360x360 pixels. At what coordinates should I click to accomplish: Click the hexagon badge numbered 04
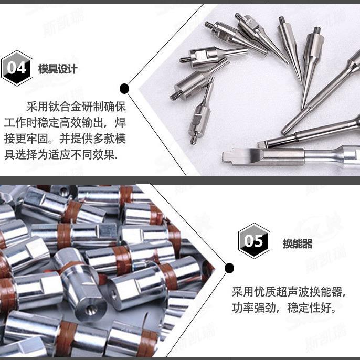[17, 68]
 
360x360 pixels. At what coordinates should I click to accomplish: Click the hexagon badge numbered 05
[254, 241]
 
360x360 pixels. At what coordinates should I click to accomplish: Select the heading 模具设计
[58, 69]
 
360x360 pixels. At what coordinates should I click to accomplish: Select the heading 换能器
[298, 243]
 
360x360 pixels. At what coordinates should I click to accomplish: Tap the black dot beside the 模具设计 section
[124, 88]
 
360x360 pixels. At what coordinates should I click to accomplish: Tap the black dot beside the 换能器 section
[229, 269]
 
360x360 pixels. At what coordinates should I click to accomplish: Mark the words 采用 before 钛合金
[37, 106]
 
